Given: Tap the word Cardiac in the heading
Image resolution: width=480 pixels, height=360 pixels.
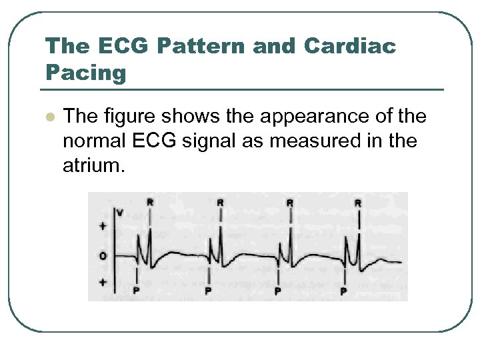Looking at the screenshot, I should [x=350, y=46].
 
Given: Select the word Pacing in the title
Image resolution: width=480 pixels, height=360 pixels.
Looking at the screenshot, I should [x=85, y=72].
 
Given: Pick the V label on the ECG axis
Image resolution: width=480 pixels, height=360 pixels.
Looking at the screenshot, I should [x=119, y=213].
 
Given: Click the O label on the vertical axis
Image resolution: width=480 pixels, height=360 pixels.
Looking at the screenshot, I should [x=103, y=256].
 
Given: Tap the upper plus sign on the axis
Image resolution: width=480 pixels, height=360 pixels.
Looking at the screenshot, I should [x=103, y=227].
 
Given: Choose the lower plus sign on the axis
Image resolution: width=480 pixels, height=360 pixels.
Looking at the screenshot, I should [x=103, y=283].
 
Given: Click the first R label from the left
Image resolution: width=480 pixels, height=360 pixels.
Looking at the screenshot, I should [x=150, y=201].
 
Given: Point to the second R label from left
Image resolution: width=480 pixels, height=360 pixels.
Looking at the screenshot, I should [x=220, y=201].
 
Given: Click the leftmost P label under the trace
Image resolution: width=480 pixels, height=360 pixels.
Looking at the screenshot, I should [x=137, y=291].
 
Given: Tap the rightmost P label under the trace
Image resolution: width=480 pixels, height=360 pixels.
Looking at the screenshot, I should [x=343, y=291].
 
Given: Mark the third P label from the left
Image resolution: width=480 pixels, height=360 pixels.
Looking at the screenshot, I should [x=277, y=291].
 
